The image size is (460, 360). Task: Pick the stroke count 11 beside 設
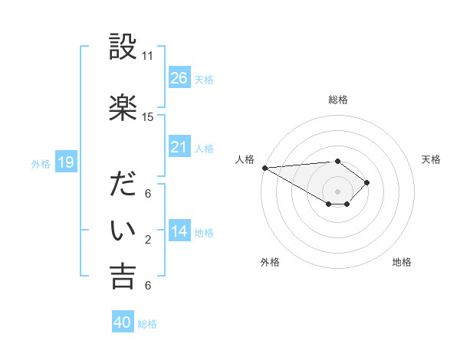click(147, 56)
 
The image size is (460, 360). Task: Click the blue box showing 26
click(179, 77)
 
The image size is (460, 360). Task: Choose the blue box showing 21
click(179, 146)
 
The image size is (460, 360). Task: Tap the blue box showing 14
click(179, 231)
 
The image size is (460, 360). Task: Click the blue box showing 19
click(65, 162)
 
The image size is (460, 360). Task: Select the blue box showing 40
click(123, 322)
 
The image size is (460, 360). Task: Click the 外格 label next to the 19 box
click(41, 163)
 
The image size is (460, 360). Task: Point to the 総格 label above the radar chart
click(337, 100)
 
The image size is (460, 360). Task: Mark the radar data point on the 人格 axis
click(264, 168)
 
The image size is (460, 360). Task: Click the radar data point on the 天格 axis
click(368, 182)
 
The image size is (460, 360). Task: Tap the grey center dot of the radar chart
click(337, 191)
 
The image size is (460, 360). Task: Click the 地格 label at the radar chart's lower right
click(402, 262)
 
